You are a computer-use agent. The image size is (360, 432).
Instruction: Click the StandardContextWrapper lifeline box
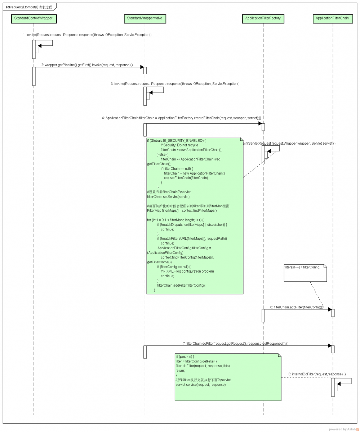click(34, 18)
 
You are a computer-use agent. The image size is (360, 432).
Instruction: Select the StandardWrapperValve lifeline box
click(145, 18)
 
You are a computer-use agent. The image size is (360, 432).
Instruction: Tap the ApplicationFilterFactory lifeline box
click(263, 18)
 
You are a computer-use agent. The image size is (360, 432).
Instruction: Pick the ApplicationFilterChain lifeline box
click(332, 18)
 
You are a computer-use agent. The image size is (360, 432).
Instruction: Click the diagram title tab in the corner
click(29, 7)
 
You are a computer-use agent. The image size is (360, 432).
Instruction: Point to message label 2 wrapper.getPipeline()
click(87, 65)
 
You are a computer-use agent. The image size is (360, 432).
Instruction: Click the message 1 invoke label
click(87, 35)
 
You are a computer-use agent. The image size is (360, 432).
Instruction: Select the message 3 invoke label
click(175, 84)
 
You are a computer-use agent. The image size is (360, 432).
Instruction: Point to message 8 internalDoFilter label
click(317, 374)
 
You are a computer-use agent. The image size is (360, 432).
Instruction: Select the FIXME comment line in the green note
click(187, 271)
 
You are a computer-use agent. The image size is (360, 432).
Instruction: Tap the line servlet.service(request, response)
click(201, 384)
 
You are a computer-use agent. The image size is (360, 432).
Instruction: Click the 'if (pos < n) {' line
click(185, 356)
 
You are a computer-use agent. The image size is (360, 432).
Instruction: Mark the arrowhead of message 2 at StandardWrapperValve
click(142, 67)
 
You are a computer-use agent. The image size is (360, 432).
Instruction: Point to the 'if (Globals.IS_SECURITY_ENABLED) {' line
click(176, 140)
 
